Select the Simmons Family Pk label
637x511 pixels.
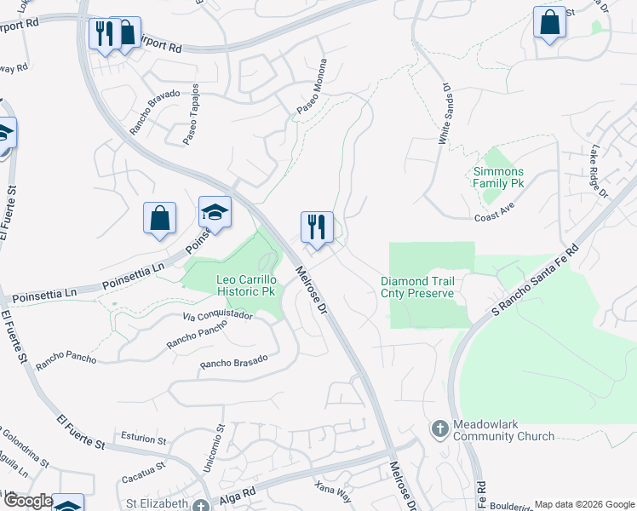(x=498, y=177)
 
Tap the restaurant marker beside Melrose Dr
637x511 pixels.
(x=317, y=227)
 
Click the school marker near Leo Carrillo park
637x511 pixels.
(x=215, y=213)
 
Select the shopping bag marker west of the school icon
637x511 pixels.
(x=159, y=218)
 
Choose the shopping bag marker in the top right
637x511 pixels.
(x=549, y=22)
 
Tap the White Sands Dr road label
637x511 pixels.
(x=444, y=113)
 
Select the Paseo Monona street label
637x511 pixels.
(x=312, y=88)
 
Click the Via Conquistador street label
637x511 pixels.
(x=217, y=315)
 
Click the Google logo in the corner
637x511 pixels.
(x=27, y=502)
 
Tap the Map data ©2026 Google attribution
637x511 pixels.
(x=583, y=504)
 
